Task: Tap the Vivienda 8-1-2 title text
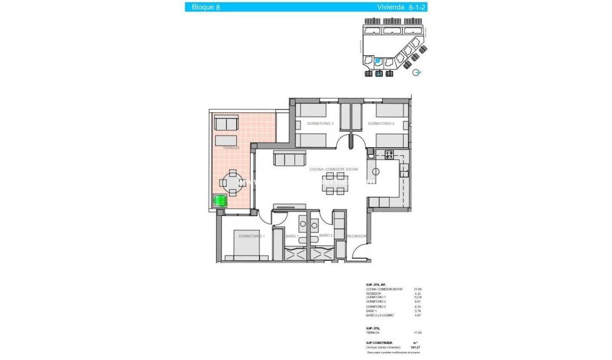coord(402,7)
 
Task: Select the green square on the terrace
coord(220,201)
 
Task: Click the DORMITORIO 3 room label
coord(320,124)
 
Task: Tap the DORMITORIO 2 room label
coord(381,124)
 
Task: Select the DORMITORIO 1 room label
coord(251,236)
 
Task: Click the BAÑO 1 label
coord(292,236)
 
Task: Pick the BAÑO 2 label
coord(325,236)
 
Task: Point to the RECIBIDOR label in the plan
coord(357,236)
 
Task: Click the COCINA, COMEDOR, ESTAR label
coord(334,169)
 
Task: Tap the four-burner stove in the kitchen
coord(389,155)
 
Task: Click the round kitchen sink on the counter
coord(376,171)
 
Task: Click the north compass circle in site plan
coord(416,73)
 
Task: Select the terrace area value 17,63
coord(418,333)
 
